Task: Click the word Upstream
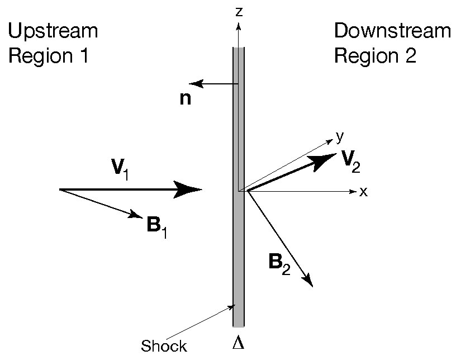(x=53, y=31)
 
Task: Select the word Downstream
(x=392, y=31)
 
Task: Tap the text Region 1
(x=48, y=56)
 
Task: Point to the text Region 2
(x=376, y=56)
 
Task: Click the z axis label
(x=239, y=11)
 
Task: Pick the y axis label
(x=339, y=136)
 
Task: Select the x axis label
(x=363, y=192)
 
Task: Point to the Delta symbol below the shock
(x=238, y=342)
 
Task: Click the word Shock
(x=164, y=346)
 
